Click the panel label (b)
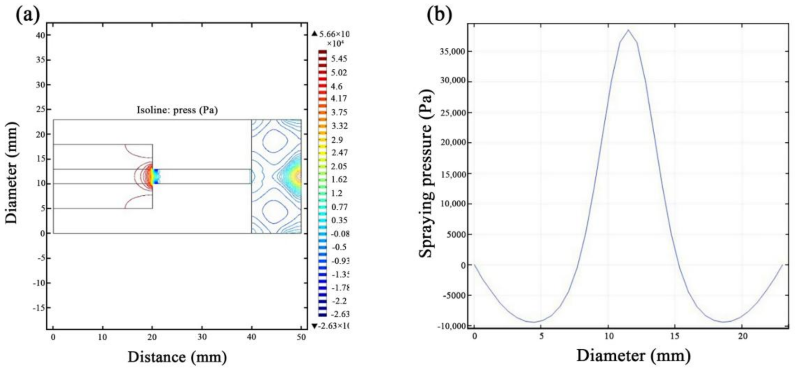click(439, 15)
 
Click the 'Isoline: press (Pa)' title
click(177, 110)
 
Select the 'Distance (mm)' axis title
click(177, 357)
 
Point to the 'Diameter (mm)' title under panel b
click(633, 355)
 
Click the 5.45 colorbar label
click(339, 59)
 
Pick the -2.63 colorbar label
click(340, 314)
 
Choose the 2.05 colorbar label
click(339, 166)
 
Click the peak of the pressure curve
click(628, 30)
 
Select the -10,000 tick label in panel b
click(451, 326)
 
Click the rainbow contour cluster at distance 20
click(155, 176)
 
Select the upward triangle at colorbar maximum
click(314, 34)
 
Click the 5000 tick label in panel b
click(455, 235)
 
